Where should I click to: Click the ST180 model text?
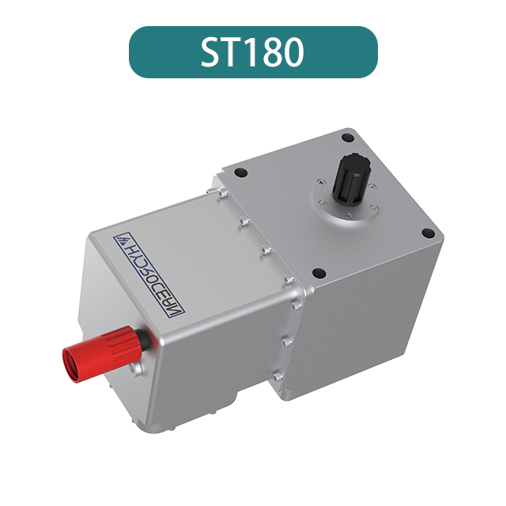tap(252, 52)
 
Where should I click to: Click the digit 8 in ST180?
tap(272, 52)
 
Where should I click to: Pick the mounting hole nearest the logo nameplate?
tap(244, 173)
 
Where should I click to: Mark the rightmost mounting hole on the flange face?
tap(428, 233)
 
